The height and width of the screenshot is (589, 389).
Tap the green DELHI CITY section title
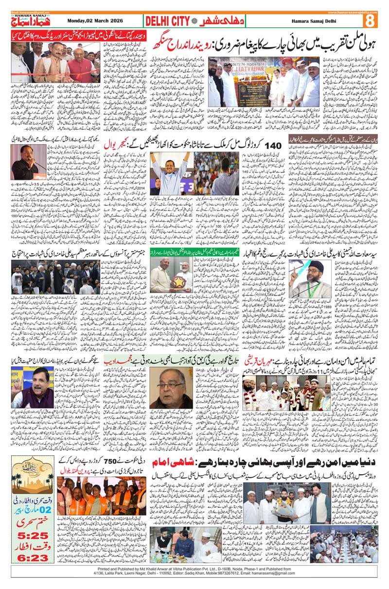(x=168, y=21)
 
